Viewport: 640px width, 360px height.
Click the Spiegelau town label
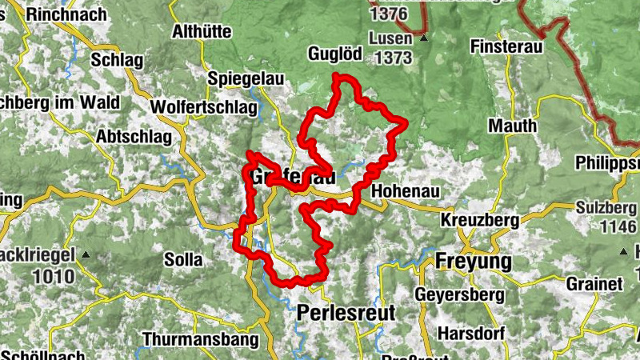tap(242, 79)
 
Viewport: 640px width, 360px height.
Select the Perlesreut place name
tap(346, 313)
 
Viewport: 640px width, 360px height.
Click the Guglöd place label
tap(335, 54)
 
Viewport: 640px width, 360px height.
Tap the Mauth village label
tap(512, 126)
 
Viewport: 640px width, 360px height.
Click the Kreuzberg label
tap(480, 219)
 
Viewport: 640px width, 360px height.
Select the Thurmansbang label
tap(201, 339)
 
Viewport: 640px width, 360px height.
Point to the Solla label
tap(183, 260)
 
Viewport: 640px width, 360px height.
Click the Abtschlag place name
tap(134, 137)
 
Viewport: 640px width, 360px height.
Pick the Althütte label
tap(202, 32)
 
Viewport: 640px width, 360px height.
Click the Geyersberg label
tap(459, 294)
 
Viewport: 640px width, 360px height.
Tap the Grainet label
tap(594, 284)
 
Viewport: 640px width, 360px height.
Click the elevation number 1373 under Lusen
tap(391, 58)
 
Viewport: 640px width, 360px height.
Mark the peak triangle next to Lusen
tap(424, 38)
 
